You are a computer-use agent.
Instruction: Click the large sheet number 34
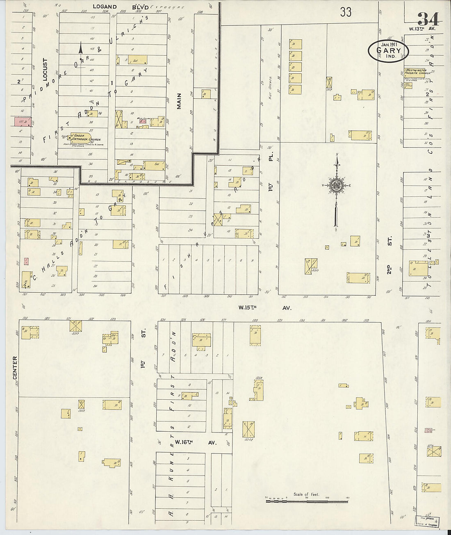428,18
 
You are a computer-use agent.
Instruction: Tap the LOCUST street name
46,69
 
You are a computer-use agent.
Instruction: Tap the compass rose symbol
336,185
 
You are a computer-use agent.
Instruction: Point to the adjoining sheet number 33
345,12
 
